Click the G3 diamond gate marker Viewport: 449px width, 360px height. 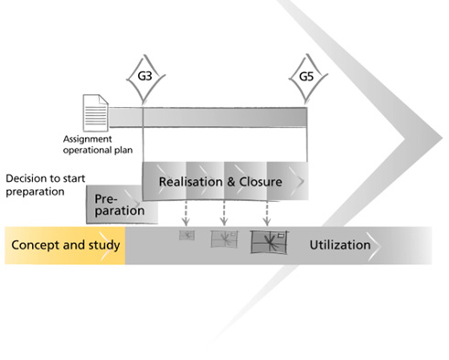145,78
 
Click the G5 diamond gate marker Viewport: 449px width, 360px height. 307,78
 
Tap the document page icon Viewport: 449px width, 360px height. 96,112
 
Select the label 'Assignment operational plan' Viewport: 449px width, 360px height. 98,144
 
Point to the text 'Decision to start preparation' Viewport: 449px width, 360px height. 46,185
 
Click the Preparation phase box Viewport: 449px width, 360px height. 122,205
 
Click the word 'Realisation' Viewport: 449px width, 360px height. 190,182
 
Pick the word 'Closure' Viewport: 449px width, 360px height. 261,182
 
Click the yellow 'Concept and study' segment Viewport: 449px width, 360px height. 65,246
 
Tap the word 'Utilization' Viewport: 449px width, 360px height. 340,245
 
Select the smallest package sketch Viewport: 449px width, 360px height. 187,235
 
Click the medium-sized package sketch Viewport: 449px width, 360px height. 224,238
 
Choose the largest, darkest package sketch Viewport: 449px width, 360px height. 269,242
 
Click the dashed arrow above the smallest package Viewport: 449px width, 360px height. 186,213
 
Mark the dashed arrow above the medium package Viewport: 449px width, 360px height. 224,213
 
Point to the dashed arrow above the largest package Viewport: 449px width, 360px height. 267,213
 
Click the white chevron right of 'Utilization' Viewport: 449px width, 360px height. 374,246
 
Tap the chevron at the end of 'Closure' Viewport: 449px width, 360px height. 297,182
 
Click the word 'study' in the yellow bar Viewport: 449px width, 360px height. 104,246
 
